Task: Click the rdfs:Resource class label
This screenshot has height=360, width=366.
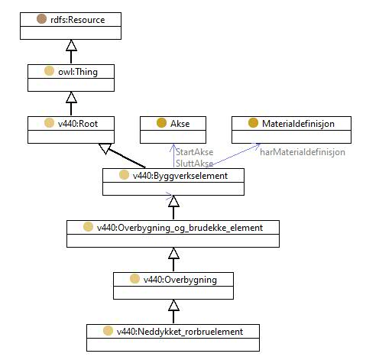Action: (x=78, y=20)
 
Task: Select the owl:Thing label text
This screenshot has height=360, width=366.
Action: (x=78, y=72)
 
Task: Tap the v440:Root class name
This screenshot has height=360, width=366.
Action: (x=78, y=124)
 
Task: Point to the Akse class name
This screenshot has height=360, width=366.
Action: (x=180, y=124)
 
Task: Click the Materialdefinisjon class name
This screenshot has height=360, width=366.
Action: (x=298, y=124)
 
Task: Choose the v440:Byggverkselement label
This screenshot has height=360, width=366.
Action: (x=180, y=176)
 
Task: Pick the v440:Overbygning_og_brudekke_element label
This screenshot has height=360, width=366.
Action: (x=180, y=228)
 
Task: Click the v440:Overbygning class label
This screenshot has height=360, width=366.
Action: (x=180, y=280)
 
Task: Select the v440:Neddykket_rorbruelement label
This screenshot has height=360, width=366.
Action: (x=180, y=332)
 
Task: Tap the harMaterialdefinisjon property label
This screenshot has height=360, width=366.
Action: (x=303, y=152)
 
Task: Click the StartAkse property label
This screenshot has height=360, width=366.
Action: (x=195, y=152)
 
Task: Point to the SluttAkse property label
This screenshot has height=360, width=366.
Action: (x=195, y=164)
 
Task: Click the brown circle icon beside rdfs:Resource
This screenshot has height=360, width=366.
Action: (x=41, y=19)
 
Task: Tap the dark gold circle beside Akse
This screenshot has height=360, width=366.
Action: (x=161, y=123)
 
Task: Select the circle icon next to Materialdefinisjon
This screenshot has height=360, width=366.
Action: (x=253, y=123)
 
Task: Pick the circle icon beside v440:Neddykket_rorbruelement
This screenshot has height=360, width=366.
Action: (x=108, y=331)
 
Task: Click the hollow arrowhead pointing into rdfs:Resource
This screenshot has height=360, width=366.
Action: (x=71, y=45)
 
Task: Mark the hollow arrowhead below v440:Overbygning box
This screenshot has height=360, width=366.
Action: (x=173, y=305)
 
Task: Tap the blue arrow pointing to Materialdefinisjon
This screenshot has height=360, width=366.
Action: (x=233, y=155)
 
